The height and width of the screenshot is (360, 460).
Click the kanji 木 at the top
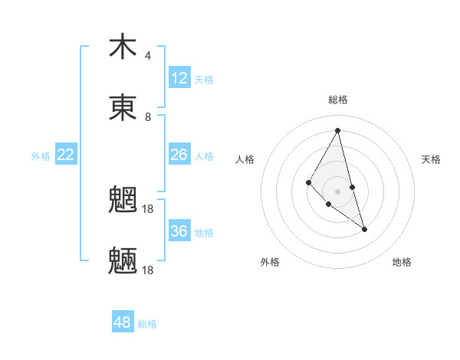pos(123,47)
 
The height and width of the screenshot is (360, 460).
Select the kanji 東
pos(123,108)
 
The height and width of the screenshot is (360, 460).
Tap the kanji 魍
pos(123,201)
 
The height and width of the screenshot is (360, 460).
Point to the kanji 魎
pos(123,261)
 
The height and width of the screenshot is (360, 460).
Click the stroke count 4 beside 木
pos(147,56)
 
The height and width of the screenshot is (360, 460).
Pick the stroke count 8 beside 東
pos(147,117)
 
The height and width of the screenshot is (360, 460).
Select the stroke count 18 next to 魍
pos(148,209)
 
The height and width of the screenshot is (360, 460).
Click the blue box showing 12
pos(179,78)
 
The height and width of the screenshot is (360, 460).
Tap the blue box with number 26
pos(179,155)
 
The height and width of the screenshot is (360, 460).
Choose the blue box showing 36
pos(179,231)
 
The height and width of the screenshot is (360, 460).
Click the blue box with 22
pos(66,155)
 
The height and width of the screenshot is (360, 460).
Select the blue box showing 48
pos(123,322)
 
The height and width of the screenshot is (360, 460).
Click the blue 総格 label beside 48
pos(147,324)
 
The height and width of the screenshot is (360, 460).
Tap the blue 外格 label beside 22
pos(41,156)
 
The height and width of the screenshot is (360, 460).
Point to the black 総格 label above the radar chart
pos(338,100)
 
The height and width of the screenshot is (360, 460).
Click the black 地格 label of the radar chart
pos(402,262)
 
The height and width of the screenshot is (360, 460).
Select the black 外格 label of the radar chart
pos(270,262)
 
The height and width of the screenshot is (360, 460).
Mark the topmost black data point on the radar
pos(338,130)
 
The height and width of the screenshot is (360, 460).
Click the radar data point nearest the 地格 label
pos(365,229)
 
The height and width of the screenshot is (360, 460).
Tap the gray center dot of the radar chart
pos(337,191)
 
